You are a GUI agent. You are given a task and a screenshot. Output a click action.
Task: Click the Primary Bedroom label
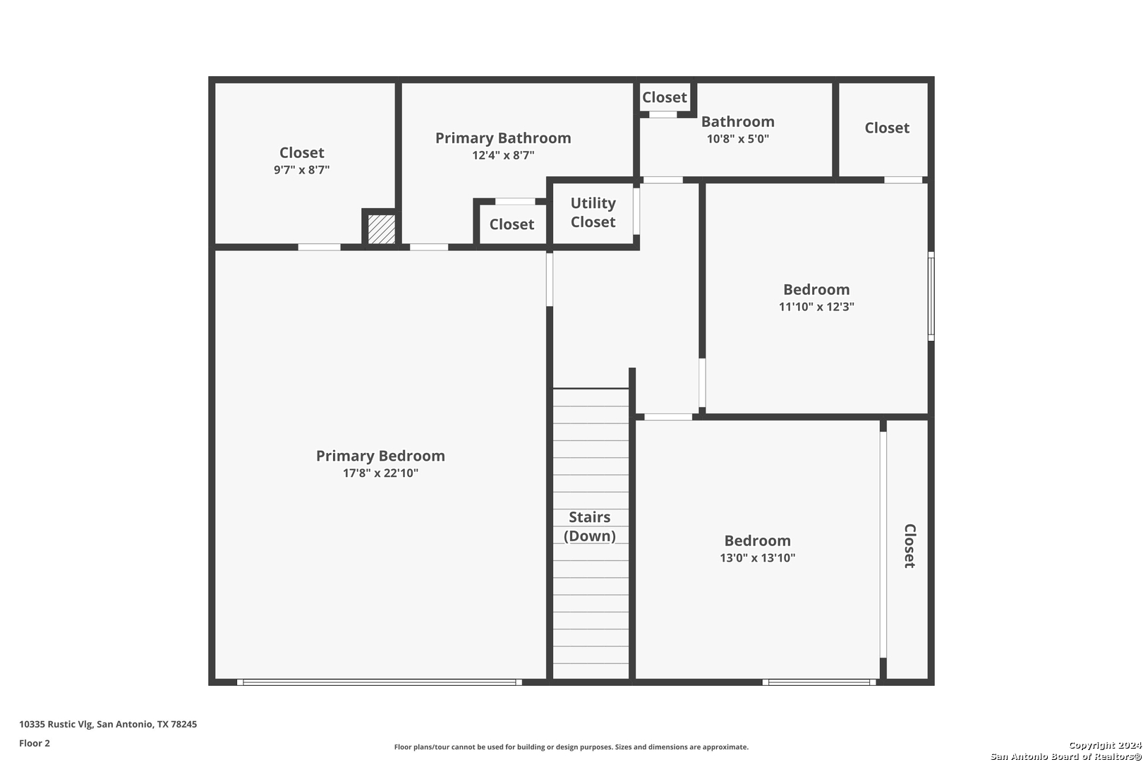(380, 456)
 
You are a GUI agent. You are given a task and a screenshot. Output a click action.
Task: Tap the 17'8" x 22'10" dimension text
(380, 473)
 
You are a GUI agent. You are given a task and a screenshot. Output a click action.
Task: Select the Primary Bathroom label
(503, 138)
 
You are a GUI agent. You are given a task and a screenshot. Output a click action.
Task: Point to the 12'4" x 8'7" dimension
(503, 155)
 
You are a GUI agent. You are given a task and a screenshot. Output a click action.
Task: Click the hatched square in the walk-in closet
(382, 229)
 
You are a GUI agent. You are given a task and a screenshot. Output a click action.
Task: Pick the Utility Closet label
(593, 212)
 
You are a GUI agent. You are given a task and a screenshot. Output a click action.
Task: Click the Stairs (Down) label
(590, 526)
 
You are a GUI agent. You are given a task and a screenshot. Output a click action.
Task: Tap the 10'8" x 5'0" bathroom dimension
(738, 139)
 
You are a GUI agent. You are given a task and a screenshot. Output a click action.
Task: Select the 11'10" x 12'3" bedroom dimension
(816, 307)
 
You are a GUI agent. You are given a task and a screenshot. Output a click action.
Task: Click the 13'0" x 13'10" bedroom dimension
(758, 558)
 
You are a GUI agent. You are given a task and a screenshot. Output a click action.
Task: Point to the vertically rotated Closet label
(909, 545)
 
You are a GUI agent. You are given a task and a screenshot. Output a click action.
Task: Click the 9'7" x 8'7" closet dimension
(301, 170)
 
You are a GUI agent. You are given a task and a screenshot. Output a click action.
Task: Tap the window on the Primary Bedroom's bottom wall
(379, 682)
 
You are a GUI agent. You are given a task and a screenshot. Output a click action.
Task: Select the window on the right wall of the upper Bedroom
(931, 296)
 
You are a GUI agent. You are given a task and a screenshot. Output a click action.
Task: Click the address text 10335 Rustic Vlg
(56, 724)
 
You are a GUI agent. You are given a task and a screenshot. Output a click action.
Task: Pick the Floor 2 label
(35, 743)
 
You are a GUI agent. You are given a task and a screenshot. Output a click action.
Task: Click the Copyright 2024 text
(1105, 745)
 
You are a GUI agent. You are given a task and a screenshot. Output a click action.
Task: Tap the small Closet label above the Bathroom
(665, 97)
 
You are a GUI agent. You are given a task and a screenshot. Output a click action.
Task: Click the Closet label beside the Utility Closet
(512, 224)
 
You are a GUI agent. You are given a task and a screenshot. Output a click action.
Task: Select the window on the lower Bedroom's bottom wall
(819, 682)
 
